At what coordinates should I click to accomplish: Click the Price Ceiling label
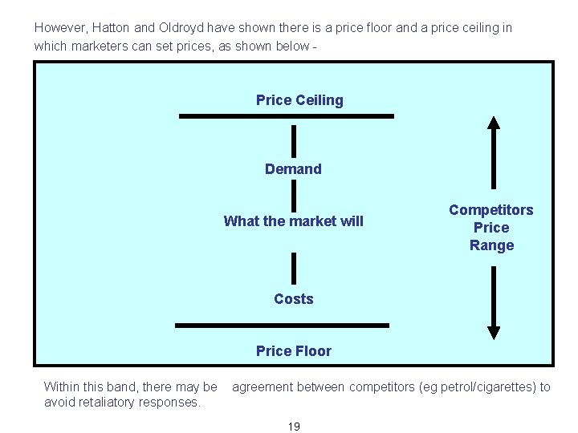pyautogui.click(x=299, y=100)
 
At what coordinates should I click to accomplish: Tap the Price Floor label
pyautogui.click(x=293, y=350)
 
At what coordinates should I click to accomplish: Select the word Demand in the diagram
pyautogui.click(x=293, y=169)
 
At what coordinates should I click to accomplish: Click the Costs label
pyautogui.click(x=293, y=298)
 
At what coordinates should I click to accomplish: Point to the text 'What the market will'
pyautogui.click(x=293, y=221)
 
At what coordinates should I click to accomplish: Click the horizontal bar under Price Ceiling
pyautogui.click(x=287, y=116)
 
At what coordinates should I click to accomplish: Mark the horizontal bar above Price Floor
pyautogui.click(x=282, y=326)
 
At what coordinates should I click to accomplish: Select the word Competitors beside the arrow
pyautogui.click(x=490, y=209)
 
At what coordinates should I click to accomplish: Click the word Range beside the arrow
pyautogui.click(x=491, y=245)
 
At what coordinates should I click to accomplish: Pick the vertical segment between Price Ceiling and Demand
pyautogui.click(x=294, y=140)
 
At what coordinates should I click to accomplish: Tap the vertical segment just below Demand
pyautogui.click(x=294, y=195)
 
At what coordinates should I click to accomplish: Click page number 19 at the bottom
pyautogui.click(x=293, y=426)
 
